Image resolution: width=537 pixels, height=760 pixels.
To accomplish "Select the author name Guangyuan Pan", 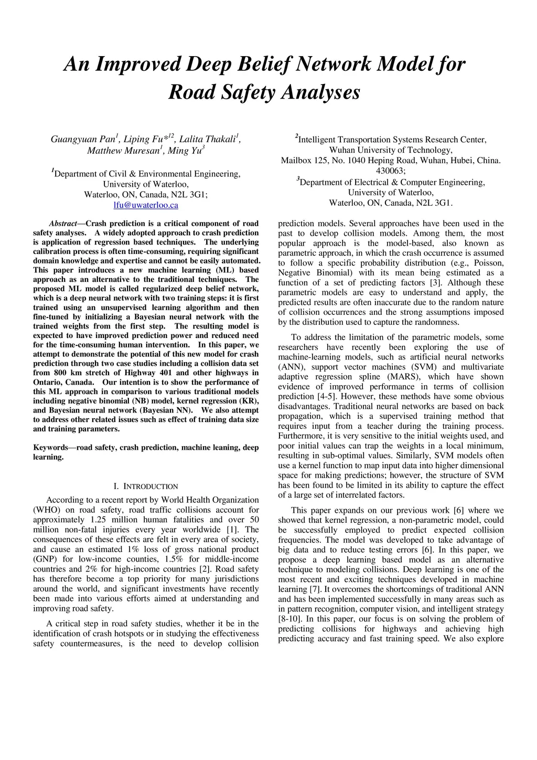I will pyautogui.click(x=83, y=140).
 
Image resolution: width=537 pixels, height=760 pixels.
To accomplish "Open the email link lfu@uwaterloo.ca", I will pyautogui.click(x=146, y=205).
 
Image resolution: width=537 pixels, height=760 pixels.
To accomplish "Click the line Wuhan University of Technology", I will pyautogui.click(x=391, y=150).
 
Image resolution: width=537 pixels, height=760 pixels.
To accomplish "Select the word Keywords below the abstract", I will pyautogui.click(x=50, y=448).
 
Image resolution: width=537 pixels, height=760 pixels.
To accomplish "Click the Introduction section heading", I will pyautogui.click(x=146, y=487).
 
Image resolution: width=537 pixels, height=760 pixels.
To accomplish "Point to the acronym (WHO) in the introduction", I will pyautogui.click(x=47, y=510).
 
